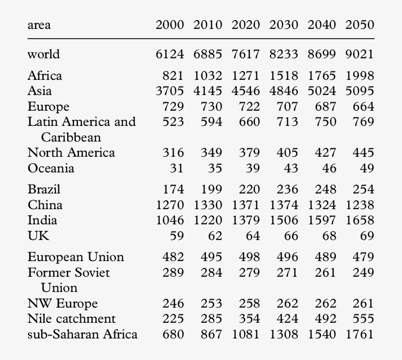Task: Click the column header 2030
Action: tap(283, 25)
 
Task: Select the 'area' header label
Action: tap(39, 25)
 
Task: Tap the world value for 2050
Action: tap(359, 54)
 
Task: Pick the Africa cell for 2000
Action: tap(173, 76)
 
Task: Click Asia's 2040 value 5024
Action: tap(322, 91)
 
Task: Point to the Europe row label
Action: tap(48, 107)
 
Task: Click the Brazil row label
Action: tap(44, 189)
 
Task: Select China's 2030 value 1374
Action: tap(283, 205)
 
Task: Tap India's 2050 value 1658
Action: tap(359, 220)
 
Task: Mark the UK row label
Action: tap(38, 236)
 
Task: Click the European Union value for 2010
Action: tap(211, 257)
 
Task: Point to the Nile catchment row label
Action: tap(72, 319)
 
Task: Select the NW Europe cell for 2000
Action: tap(173, 304)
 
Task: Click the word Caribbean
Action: tap(71, 137)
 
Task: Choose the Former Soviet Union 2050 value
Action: tap(363, 272)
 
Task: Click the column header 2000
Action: tap(170, 25)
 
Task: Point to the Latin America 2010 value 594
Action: tap(211, 121)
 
